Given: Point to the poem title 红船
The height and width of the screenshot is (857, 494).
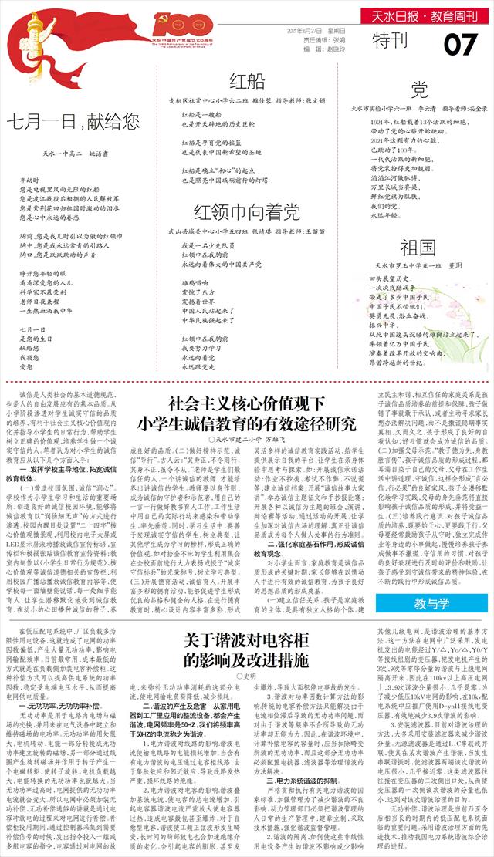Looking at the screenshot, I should (247, 83).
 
